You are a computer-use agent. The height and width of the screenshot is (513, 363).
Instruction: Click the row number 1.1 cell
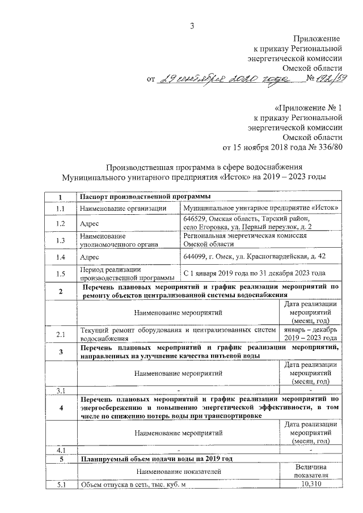coord(61,208)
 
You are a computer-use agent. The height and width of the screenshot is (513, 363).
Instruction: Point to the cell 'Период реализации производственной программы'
coord(127,274)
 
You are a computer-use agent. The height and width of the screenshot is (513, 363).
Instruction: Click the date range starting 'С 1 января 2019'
coord(255,274)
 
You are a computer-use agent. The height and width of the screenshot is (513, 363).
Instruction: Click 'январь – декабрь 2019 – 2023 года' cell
coord(312,334)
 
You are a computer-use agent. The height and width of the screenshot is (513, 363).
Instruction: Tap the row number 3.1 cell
coord(61,391)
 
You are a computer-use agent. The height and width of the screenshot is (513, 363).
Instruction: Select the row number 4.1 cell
coord(61,450)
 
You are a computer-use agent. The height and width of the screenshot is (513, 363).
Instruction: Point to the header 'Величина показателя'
coord(312,469)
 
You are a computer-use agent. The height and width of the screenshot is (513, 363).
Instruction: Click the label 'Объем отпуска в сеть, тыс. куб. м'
coord(133,484)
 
